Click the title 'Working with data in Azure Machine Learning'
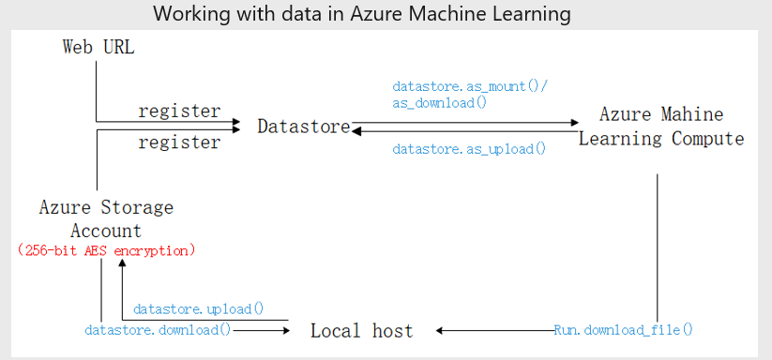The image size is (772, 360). coord(361,14)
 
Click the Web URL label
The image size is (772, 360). coord(98,47)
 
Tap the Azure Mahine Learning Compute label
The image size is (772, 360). coord(661,127)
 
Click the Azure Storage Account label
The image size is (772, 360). coord(106,218)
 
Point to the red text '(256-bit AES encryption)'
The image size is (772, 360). coord(106,250)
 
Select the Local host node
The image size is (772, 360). coord(361,330)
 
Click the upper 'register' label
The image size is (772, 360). coord(179,111)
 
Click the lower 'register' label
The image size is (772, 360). coord(179,142)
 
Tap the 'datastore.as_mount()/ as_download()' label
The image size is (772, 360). coord(470,94)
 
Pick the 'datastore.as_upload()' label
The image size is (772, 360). coord(469,149)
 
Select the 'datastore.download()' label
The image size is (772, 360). coord(158,330)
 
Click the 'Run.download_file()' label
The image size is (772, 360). coord(623,330)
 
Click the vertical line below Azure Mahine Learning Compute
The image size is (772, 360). coord(657,244)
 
